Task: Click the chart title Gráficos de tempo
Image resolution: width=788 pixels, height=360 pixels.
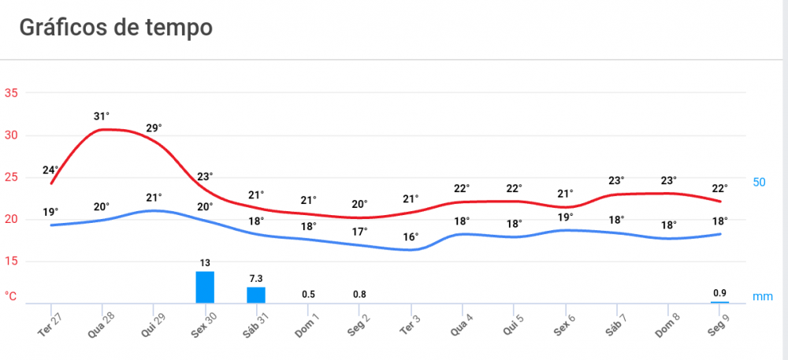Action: [x=116, y=28]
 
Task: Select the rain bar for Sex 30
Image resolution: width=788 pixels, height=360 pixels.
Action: [x=205, y=287]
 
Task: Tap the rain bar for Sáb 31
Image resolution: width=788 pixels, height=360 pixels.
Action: [x=256, y=295]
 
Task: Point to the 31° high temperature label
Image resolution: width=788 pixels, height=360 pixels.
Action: [x=102, y=117]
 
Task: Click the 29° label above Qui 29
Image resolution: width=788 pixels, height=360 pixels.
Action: [x=154, y=128]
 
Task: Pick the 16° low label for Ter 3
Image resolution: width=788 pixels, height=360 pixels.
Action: [x=411, y=236]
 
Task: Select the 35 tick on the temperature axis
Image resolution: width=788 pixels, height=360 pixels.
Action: [x=11, y=93]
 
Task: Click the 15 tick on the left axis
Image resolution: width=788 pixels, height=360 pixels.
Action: [x=11, y=261]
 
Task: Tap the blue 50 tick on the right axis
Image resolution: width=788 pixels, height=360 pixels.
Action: [x=760, y=182]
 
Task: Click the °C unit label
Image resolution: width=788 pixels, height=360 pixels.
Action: [x=11, y=296]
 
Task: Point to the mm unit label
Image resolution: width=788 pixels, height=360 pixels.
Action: [x=762, y=296]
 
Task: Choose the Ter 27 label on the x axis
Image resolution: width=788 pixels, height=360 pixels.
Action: [x=50, y=323]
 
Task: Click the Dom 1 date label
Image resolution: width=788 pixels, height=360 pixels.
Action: [x=307, y=323]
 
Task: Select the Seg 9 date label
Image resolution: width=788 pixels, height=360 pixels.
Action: [x=719, y=323]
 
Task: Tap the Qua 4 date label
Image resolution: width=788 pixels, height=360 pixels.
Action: [x=462, y=323]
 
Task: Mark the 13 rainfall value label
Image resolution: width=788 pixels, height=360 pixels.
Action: [x=205, y=262]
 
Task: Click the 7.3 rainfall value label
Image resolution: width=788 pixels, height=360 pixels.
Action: [x=256, y=279]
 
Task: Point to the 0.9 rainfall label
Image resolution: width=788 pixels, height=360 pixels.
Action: [x=719, y=293]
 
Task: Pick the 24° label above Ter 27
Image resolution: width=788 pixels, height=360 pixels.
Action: [x=50, y=171]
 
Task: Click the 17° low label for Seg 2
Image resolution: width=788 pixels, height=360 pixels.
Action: [x=359, y=232]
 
